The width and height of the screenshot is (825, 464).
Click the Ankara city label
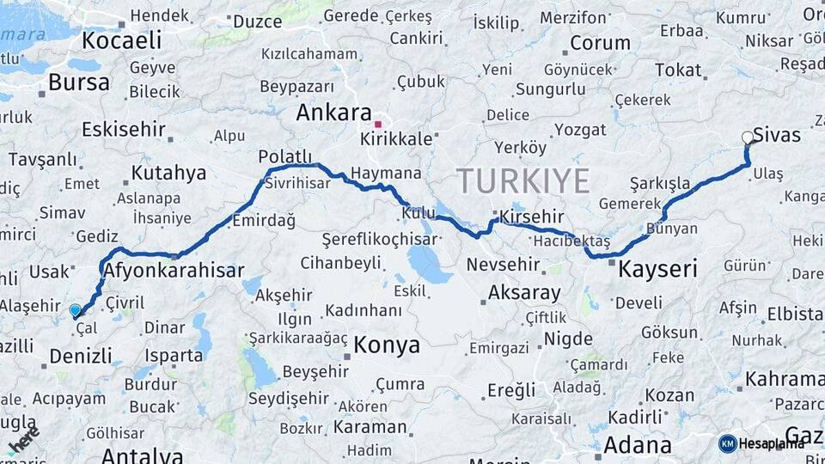pos(334,113)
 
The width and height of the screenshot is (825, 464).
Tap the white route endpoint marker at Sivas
pos(747,137)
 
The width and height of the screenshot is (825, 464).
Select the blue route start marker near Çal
pos(76,311)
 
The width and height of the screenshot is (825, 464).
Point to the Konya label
pos(387,345)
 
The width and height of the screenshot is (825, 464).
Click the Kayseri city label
pos(657,269)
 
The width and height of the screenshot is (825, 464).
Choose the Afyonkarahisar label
pos(174,271)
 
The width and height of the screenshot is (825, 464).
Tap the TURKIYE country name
pos(522,181)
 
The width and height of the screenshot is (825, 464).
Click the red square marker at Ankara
pos(377,125)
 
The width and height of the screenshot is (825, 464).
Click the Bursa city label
pos(79,82)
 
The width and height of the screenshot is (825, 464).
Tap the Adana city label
pos(638,445)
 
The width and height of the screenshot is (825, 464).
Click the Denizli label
pos(81,355)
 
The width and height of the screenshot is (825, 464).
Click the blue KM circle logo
pos(728,443)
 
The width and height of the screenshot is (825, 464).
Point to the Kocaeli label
pos(122,40)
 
